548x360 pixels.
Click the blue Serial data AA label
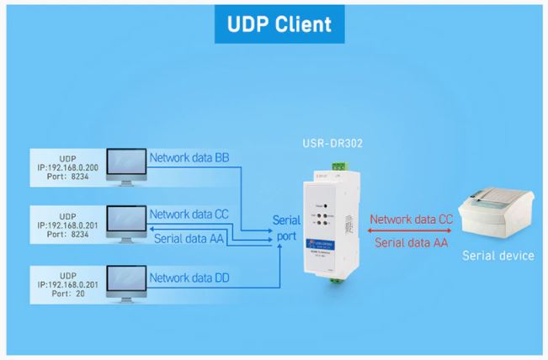(x=194, y=238)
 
